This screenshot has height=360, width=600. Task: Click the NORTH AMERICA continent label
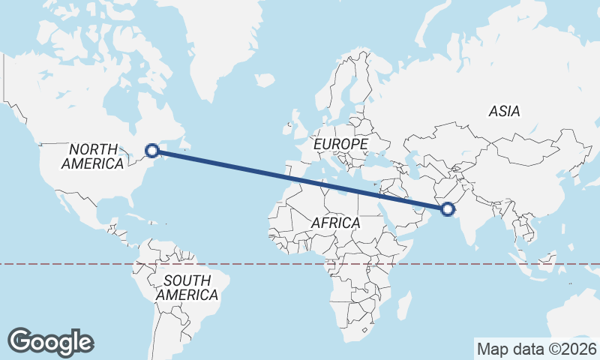pos(94,156)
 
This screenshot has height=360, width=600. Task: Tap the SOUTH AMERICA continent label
pos(187,287)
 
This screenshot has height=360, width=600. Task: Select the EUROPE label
pos(340,143)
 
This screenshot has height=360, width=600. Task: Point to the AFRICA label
pos(335,223)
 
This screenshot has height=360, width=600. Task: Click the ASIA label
pos(504,111)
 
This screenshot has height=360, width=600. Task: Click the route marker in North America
pos(152,150)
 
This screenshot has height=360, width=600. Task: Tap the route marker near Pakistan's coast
pos(448,209)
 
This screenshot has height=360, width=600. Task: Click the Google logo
pos(51,341)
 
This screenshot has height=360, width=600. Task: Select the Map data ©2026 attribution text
pos(536,349)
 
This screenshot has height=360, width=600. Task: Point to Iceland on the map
pos(264,79)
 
